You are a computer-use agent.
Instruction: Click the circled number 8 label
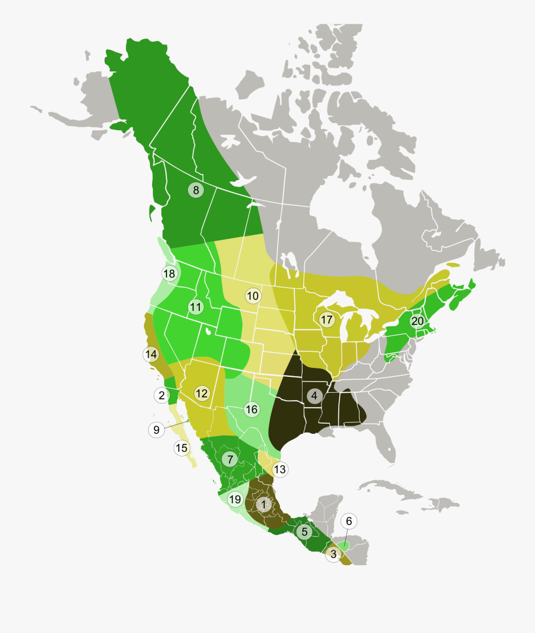click(195, 190)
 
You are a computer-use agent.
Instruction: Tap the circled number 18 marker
click(169, 273)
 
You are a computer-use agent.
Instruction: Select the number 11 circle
click(196, 307)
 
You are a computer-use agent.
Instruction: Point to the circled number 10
click(253, 295)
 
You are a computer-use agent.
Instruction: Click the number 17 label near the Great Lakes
click(326, 320)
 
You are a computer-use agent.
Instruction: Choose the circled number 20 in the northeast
click(417, 321)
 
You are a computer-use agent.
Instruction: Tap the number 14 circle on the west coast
click(151, 354)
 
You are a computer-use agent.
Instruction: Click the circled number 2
click(161, 395)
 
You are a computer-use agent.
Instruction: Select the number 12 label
click(202, 393)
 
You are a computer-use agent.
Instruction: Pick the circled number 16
click(251, 409)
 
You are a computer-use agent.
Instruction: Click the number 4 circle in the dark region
click(314, 395)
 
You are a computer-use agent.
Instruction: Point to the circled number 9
click(156, 430)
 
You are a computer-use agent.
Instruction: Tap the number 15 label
click(182, 448)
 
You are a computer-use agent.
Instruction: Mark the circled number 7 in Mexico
click(229, 459)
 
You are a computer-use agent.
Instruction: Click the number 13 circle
click(279, 470)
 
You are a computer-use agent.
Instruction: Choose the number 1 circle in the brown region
click(263, 504)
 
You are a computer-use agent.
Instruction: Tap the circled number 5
click(304, 532)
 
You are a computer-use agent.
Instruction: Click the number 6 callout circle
click(349, 521)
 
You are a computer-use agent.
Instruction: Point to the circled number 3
click(333, 555)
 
